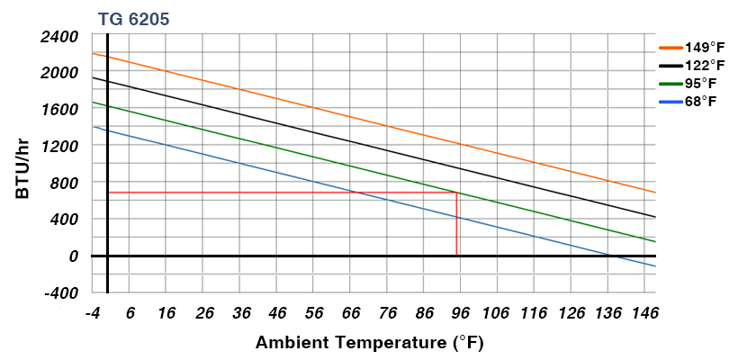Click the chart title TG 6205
(132, 18)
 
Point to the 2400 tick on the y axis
(59, 36)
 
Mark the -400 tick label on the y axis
(60, 292)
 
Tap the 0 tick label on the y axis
(74, 256)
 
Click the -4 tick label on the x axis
(92, 313)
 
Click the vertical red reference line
(457, 225)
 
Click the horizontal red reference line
(270, 193)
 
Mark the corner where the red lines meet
(457, 193)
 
